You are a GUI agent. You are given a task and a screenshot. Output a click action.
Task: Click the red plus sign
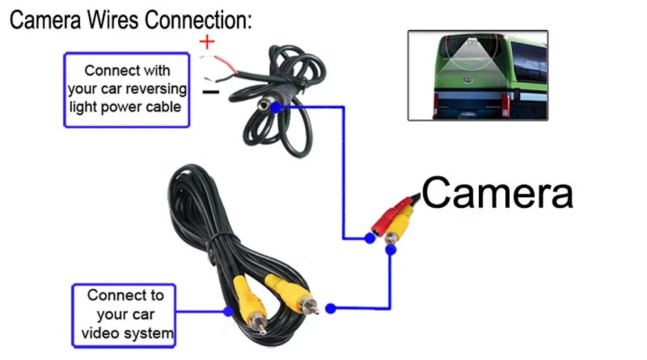pos(206,43)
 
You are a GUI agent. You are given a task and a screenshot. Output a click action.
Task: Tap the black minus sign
pos(210,92)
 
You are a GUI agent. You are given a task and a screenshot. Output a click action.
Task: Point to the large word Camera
pos(497,192)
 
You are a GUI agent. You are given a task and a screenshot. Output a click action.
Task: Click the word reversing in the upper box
pos(155,88)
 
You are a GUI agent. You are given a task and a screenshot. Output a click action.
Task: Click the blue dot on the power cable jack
pos(276,107)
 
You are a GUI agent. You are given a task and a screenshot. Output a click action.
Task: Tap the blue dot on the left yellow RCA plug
pos(228,311)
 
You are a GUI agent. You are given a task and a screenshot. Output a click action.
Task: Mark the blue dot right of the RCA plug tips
pos(331,309)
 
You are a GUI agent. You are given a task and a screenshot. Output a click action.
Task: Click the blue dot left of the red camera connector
pos(369,238)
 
